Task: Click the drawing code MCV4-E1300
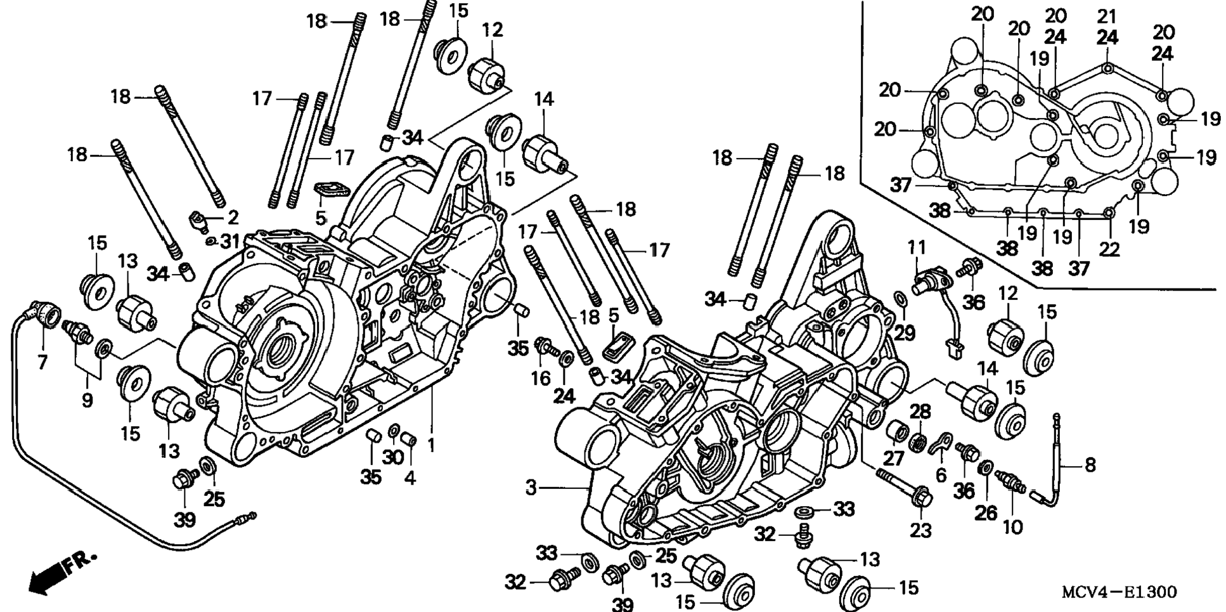pyautogui.click(x=1119, y=592)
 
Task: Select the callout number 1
pyautogui.click(x=431, y=445)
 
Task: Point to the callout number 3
pyautogui.click(x=531, y=487)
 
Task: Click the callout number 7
pyautogui.click(x=42, y=361)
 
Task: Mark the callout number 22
pyautogui.click(x=1109, y=249)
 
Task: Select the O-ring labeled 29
pyautogui.click(x=900, y=299)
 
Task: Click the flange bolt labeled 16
pyautogui.click(x=545, y=347)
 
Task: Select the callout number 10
pyautogui.click(x=1012, y=526)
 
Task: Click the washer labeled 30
pyautogui.click(x=393, y=432)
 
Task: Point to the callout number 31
pyautogui.click(x=231, y=241)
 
